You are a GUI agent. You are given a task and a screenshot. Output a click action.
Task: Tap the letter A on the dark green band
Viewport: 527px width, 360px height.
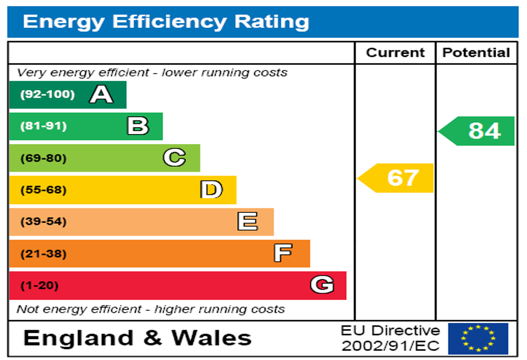click(x=101, y=95)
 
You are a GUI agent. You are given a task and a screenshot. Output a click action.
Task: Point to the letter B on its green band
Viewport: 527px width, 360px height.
click(x=138, y=126)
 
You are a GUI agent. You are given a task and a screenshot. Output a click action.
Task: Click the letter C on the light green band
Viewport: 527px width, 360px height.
click(x=174, y=158)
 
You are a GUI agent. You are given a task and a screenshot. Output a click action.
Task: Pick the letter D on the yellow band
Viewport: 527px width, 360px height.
click(x=212, y=190)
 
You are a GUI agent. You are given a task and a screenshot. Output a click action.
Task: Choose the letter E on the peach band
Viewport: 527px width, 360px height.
click(x=248, y=222)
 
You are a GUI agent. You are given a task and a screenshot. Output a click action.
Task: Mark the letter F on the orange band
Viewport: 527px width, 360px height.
click(x=283, y=253)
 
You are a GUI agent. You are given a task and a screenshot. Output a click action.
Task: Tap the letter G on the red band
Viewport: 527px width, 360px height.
click(x=322, y=285)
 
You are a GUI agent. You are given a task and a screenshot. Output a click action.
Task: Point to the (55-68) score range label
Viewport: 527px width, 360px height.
click(x=43, y=190)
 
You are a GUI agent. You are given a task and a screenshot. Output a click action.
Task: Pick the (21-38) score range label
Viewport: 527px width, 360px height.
click(x=43, y=254)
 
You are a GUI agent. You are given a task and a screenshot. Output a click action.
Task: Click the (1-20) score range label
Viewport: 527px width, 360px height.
click(x=39, y=285)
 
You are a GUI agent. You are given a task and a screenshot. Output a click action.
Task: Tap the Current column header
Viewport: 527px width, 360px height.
click(x=395, y=52)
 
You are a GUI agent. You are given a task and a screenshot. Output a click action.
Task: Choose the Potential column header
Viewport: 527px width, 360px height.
click(x=476, y=52)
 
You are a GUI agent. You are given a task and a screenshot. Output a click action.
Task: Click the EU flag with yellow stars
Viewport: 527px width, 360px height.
click(x=478, y=338)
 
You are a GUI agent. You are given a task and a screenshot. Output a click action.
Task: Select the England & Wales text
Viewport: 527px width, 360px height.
click(x=137, y=338)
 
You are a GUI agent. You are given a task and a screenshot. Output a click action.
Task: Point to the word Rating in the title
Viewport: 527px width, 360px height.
click(x=272, y=22)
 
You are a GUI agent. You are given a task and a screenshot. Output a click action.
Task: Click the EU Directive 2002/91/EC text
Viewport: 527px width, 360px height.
click(x=391, y=338)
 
